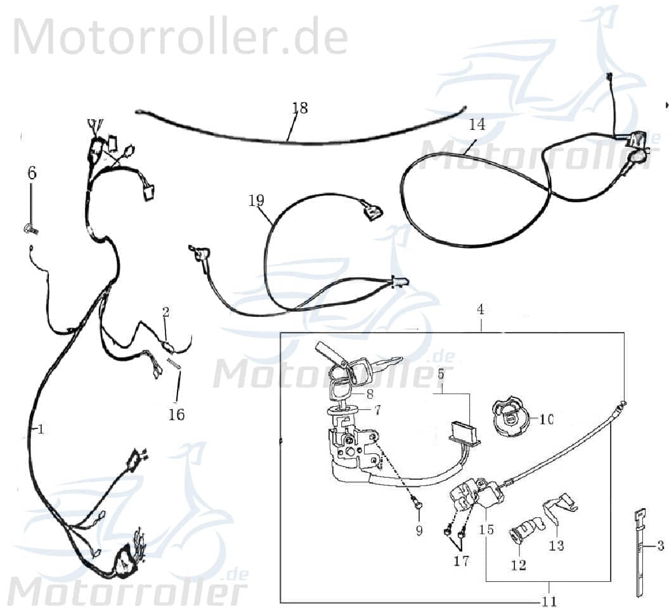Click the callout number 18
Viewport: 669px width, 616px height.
300,108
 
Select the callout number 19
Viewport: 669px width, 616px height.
256,201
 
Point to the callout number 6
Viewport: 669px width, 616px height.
32,172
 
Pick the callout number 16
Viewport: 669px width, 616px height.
176,414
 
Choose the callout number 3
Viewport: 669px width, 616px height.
660,545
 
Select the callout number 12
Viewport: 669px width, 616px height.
519,565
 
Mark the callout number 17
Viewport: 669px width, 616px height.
461,561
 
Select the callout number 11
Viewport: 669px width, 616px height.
549,601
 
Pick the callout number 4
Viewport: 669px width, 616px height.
481,310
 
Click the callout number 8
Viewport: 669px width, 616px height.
370,393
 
